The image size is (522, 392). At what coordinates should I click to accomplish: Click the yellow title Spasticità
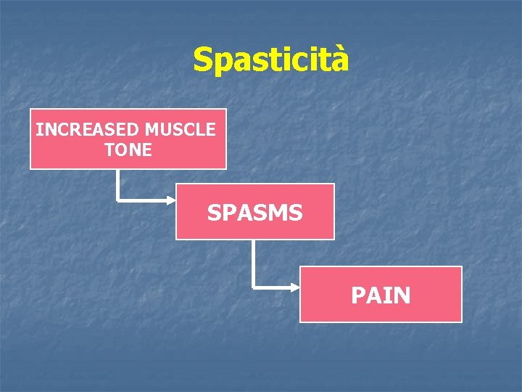(270, 60)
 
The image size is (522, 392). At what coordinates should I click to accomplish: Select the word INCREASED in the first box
(87, 130)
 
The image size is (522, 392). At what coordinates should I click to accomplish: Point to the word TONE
(128, 150)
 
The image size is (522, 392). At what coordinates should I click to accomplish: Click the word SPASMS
(255, 213)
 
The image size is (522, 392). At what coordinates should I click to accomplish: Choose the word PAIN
(381, 295)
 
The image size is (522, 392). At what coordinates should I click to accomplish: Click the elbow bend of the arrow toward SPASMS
(117, 199)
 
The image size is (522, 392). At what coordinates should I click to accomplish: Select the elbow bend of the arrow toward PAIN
(253, 288)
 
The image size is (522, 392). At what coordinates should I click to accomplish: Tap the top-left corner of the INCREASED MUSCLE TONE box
(30, 110)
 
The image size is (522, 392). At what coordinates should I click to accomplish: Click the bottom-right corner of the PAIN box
(461, 321)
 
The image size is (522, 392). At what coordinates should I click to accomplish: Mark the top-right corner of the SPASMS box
(333, 184)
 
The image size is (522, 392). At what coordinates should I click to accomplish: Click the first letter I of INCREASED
(38, 130)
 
